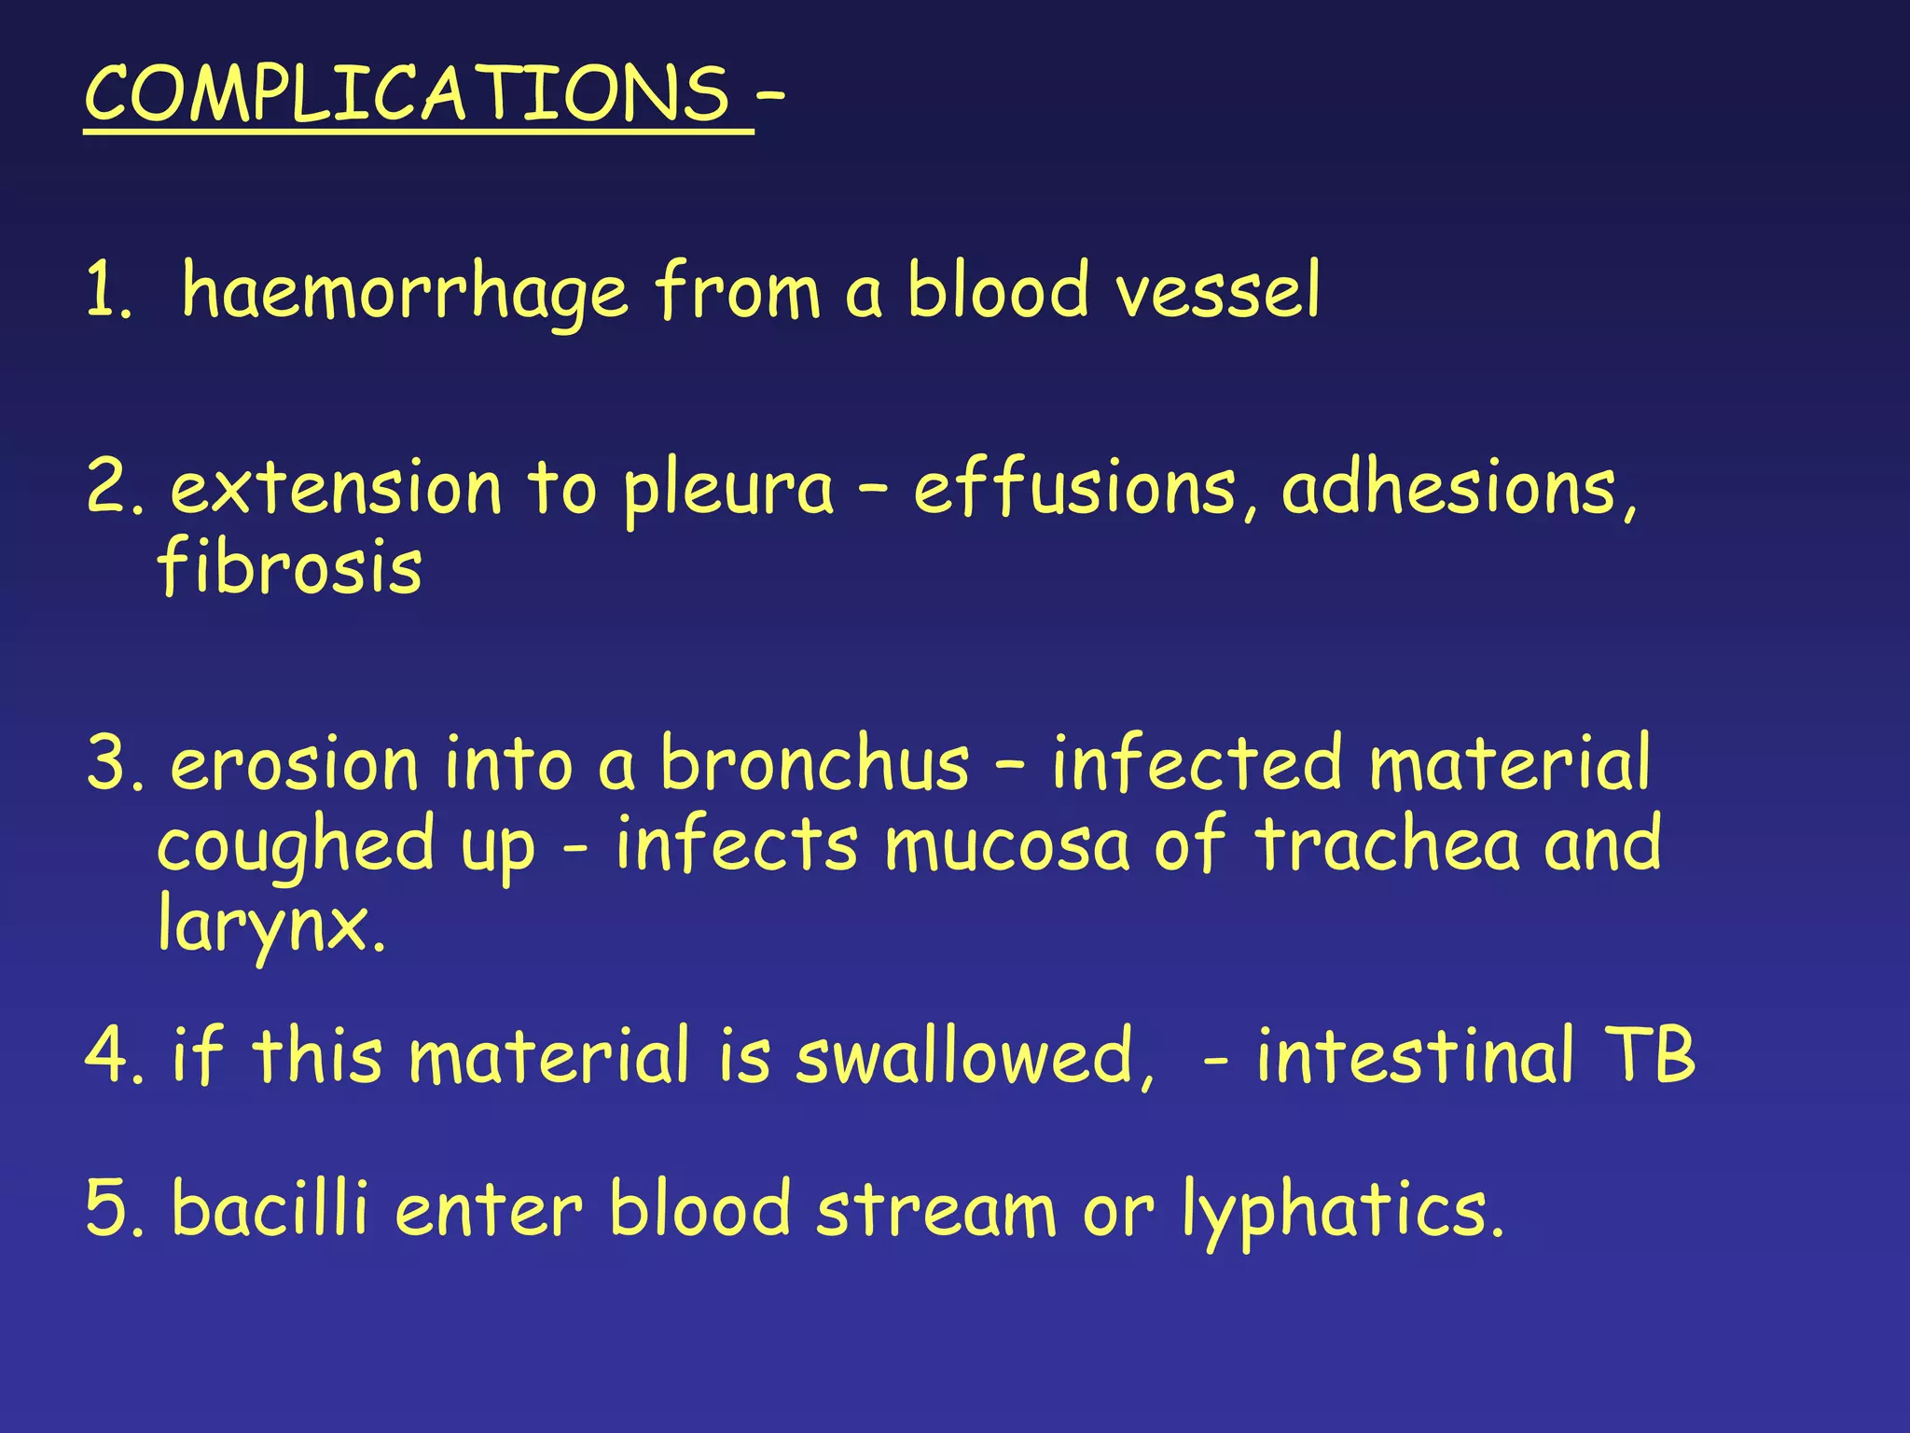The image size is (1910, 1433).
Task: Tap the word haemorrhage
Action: coord(404,292)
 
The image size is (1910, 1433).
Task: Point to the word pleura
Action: coord(728,490)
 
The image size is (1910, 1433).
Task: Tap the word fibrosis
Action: coord(290,568)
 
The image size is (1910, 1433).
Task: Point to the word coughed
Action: coord(296,845)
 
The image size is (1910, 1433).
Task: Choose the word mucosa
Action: coord(1007,845)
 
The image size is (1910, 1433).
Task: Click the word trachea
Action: coord(1387,843)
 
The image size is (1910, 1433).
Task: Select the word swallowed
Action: coord(976,1056)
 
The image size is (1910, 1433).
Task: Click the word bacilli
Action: coord(270,1208)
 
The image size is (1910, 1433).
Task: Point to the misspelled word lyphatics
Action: coord(1342,1210)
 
